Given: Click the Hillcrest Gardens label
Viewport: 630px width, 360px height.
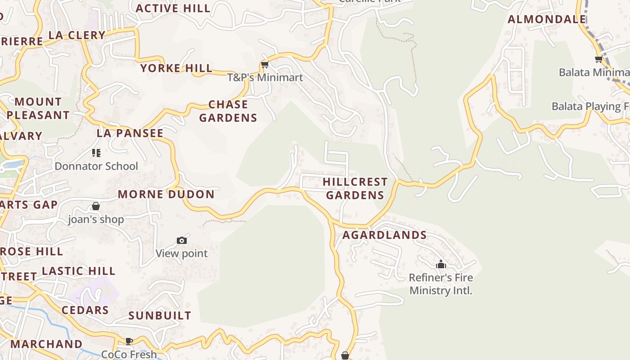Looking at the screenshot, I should pos(355,189).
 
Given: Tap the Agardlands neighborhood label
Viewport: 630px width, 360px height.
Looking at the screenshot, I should pos(384,235).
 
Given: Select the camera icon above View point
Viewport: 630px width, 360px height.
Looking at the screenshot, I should pos(182,241).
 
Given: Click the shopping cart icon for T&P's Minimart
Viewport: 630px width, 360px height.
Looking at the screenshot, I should pos(265,65).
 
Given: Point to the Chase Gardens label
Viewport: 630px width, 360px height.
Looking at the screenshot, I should pos(228,111).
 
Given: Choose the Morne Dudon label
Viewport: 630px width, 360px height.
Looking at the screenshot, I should pos(166,194).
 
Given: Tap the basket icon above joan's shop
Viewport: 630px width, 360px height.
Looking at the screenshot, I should pos(96,207).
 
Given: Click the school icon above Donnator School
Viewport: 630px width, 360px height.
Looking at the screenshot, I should pos(96,153).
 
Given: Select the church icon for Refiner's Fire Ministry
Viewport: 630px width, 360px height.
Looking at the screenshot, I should pos(441,264).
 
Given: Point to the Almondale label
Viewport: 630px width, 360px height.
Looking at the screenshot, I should pos(547,19).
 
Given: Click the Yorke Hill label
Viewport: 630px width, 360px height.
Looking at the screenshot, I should pos(176,68).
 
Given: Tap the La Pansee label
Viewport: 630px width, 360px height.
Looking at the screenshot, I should pos(130,133).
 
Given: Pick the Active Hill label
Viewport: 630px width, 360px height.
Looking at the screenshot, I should pos(173,8).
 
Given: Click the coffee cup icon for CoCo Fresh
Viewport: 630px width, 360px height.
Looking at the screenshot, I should pos(129,341).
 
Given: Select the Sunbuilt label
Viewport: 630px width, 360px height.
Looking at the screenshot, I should pos(160,315).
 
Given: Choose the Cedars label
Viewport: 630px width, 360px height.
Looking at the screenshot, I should pos(85,310).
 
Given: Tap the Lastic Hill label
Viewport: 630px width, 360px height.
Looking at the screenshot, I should pos(79,271).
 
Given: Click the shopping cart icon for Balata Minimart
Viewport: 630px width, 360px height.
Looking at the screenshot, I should pos(598,59).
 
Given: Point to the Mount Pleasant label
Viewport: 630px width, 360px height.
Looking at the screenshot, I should pos(38,108).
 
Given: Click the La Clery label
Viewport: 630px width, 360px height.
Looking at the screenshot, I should pos(76,35).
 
